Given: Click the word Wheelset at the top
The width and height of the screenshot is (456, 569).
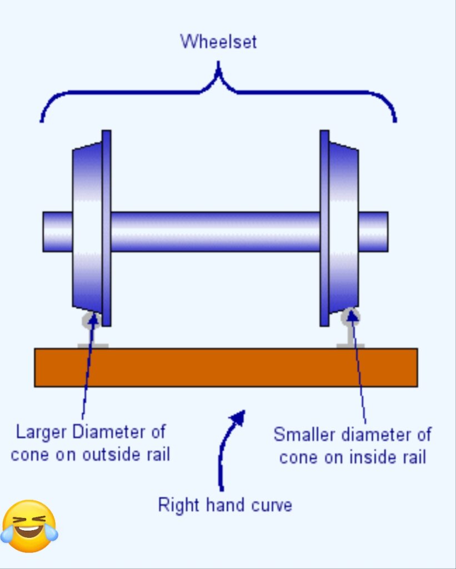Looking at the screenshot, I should pos(218,42).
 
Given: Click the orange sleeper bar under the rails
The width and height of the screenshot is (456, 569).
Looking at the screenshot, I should pos(226,367).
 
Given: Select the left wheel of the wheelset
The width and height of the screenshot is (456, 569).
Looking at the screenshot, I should pos(87,228).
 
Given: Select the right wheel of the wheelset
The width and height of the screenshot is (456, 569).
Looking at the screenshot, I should pos(343,228).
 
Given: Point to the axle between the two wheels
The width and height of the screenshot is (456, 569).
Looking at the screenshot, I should pos(216,231).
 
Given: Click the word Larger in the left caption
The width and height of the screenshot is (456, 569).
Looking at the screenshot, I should pos(42,431).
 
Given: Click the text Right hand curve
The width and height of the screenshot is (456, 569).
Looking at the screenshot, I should pos(225,505).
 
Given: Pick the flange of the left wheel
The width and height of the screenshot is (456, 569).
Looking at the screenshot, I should pos(106,228).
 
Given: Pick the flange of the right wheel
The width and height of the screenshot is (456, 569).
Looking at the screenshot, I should pos(324,228).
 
